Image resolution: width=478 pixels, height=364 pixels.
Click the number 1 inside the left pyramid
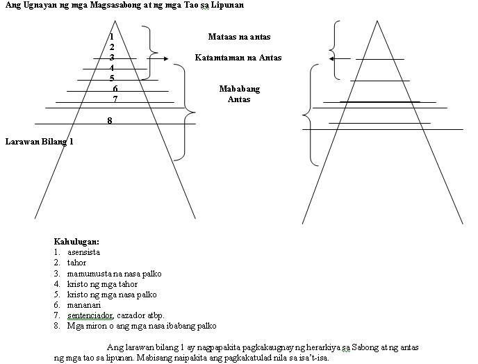112,37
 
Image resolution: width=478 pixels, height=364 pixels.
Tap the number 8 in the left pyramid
110,121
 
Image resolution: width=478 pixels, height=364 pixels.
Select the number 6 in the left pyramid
115,89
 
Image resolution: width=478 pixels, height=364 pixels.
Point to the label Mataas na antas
239,37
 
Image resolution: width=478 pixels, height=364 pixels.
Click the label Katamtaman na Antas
238,58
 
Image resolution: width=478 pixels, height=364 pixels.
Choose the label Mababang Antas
239,94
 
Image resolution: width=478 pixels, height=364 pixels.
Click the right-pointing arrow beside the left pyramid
157,58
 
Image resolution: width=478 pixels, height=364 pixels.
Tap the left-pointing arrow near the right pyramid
340,59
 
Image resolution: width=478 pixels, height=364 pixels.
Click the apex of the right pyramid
377,21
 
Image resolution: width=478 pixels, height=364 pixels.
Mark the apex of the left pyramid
115,21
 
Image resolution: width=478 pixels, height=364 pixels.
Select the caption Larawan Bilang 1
40,142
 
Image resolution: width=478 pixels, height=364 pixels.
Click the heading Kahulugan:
76,242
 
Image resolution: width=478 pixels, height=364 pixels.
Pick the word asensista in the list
84,252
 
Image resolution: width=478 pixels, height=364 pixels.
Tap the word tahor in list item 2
76,263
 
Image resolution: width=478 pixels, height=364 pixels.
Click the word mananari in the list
84,305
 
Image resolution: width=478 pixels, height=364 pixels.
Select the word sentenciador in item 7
91,315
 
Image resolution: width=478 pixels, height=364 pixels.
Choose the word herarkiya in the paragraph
323,347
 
